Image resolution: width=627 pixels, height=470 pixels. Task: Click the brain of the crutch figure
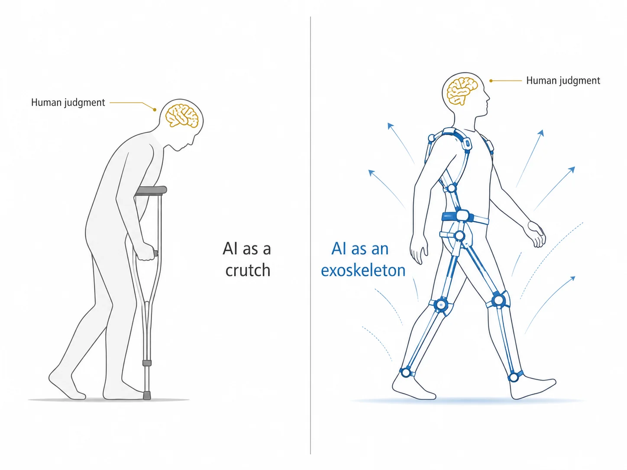[182, 116]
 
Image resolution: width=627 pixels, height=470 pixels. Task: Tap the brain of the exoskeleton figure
[462, 91]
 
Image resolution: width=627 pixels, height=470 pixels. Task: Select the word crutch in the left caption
[248, 270]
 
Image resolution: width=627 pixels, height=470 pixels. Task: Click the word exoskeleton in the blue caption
[363, 270]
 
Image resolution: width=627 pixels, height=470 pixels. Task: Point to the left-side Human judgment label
[68, 103]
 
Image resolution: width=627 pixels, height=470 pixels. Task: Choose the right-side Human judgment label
[563, 80]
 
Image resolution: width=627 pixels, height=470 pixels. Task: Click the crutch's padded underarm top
[151, 190]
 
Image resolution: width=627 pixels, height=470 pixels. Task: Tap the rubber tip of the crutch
[147, 395]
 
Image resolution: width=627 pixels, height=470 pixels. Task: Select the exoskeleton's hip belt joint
[462, 216]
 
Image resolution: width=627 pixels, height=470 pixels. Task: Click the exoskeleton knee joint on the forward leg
[499, 300]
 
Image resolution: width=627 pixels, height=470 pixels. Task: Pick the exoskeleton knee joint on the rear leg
[442, 305]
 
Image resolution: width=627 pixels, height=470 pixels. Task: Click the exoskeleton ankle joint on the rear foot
[406, 372]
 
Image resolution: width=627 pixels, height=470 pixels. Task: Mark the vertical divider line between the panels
[310, 235]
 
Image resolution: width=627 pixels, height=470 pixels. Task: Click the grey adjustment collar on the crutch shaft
[147, 363]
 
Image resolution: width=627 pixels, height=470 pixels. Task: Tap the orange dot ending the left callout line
[155, 109]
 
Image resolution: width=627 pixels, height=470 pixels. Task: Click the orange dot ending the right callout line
[491, 81]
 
